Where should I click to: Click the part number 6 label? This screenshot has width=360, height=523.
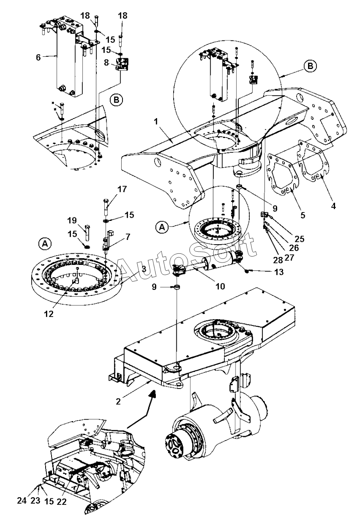(38, 57)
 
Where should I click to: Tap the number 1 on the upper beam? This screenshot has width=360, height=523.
(156, 122)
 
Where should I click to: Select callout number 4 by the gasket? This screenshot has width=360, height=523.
(333, 206)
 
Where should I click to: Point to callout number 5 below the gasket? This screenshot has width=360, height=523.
(303, 215)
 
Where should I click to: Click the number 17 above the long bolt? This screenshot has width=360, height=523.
(122, 189)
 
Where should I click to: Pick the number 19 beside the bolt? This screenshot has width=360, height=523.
(72, 220)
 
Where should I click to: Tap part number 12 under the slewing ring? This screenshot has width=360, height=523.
(49, 314)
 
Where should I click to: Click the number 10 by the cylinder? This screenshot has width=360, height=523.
(220, 286)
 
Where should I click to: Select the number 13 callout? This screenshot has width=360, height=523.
(279, 272)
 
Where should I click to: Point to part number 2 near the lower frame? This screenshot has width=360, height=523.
(119, 401)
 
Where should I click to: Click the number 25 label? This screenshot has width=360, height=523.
(299, 239)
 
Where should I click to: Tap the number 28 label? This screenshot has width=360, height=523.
(278, 260)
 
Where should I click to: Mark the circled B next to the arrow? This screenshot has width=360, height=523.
(310, 66)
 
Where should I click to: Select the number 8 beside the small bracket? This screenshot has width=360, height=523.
(107, 63)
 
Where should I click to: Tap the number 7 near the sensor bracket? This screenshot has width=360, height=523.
(128, 237)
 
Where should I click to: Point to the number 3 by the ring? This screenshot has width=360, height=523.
(144, 269)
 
